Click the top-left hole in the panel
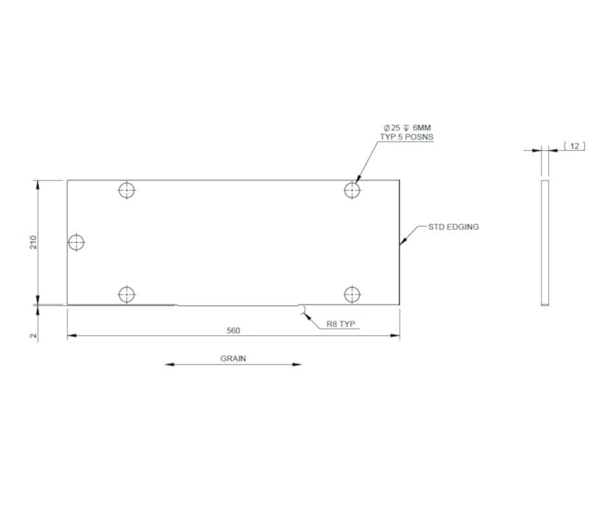(126, 189)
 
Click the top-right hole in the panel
(353, 189)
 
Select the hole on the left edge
(76, 242)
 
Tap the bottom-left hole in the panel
(126, 294)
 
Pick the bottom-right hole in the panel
(353, 294)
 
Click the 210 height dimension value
(33, 242)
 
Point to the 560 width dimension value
(233, 329)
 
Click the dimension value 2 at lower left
(33, 335)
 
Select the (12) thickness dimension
(574, 146)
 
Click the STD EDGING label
(453, 227)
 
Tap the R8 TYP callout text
(341, 324)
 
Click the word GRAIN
(233, 358)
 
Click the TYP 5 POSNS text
(407, 136)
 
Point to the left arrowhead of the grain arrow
(169, 364)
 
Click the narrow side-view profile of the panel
(544, 243)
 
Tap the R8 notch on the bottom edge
(301, 307)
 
